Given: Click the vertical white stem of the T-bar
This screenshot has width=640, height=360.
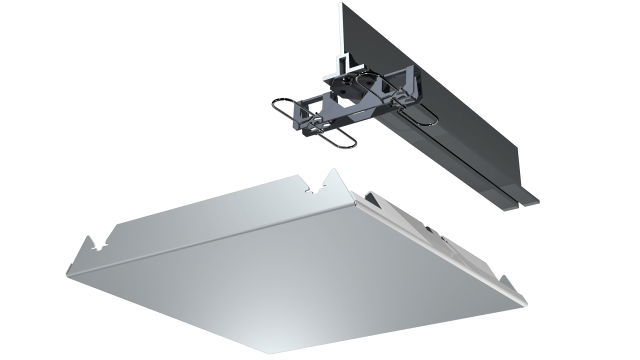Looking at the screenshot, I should [341, 30].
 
